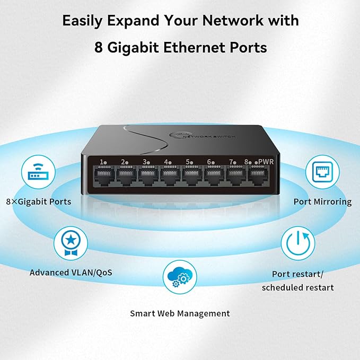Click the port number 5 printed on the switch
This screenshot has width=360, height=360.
tap(188, 162)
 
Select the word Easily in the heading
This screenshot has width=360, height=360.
tap(84, 21)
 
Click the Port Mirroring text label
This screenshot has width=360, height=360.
tap(322, 201)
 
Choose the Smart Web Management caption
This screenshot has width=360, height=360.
tap(180, 313)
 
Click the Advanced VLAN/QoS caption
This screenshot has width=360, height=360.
tap(71, 273)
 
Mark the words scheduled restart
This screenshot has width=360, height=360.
tap(298, 287)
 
